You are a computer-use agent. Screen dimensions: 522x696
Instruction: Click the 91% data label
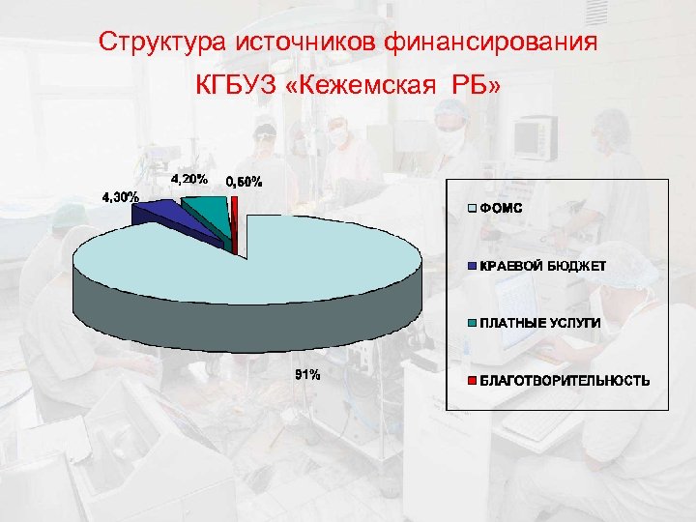pos(307,374)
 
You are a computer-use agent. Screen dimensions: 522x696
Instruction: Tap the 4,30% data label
pos(121,198)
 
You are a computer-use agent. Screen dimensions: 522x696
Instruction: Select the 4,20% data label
pos(188,179)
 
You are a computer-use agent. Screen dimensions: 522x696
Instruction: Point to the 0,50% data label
pos(244,182)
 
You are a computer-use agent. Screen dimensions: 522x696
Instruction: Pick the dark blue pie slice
pos(159,214)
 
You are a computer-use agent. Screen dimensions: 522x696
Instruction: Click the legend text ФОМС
pos(502,208)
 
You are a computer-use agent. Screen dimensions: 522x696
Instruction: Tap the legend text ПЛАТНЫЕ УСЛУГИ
pos(540,322)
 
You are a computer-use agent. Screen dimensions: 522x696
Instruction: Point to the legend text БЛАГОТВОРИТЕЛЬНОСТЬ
pos(565,380)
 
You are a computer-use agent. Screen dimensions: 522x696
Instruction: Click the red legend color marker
pos(472,380)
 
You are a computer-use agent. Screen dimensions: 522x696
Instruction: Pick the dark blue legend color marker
pos(472,265)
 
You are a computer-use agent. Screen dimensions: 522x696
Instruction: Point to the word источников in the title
pos(305,43)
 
